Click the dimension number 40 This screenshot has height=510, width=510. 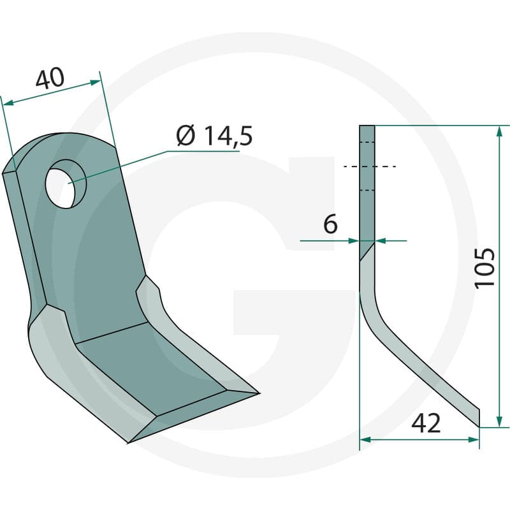pyautogui.click(x=50, y=78)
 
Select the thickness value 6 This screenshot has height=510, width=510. pyautogui.click(x=330, y=224)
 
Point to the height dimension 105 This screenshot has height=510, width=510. pyautogui.click(x=484, y=268)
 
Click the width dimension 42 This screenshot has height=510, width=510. pyautogui.click(x=426, y=423)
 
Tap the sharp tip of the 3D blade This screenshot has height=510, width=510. pyautogui.click(x=259, y=393)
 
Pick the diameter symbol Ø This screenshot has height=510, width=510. pyautogui.click(x=186, y=136)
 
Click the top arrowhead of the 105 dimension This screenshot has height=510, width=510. pyautogui.click(x=499, y=132)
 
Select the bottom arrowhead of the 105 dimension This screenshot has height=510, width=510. pyautogui.click(x=499, y=421)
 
